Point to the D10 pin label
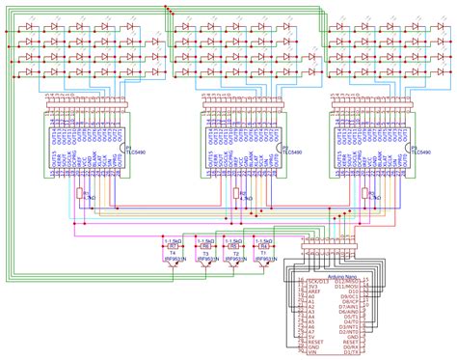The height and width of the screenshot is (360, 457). pyautogui.click(x=353, y=292)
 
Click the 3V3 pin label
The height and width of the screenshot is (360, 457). pyautogui.click(x=309, y=287)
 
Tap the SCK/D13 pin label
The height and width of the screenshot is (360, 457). pyautogui.click(x=314, y=281)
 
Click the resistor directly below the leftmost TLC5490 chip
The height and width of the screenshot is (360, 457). pyautogui.click(x=79, y=195)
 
